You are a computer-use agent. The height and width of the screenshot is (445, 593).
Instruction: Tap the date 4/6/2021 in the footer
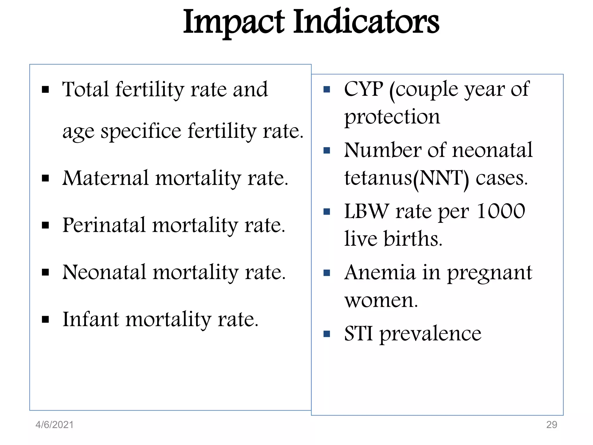click(x=54, y=425)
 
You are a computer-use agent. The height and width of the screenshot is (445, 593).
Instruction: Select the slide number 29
click(x=551, y=425)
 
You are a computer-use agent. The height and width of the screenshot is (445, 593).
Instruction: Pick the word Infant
click(x=90, y=319)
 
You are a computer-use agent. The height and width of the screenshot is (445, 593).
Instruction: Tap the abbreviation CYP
click(x=363, y=89)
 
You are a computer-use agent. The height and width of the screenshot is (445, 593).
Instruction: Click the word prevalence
click(x=430, y=334)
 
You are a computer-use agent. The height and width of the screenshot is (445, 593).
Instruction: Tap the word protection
click(x=392, y=117)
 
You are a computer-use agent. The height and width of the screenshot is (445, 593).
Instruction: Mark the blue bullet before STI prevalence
click(x=327, y=334)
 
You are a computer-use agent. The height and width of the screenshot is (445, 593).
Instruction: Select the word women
click(x=381, y=300)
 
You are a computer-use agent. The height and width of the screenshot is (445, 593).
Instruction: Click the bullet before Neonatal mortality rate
click(x=45, y=272)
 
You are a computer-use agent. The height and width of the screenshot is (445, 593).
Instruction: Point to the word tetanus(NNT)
click(x=406, y=178)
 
